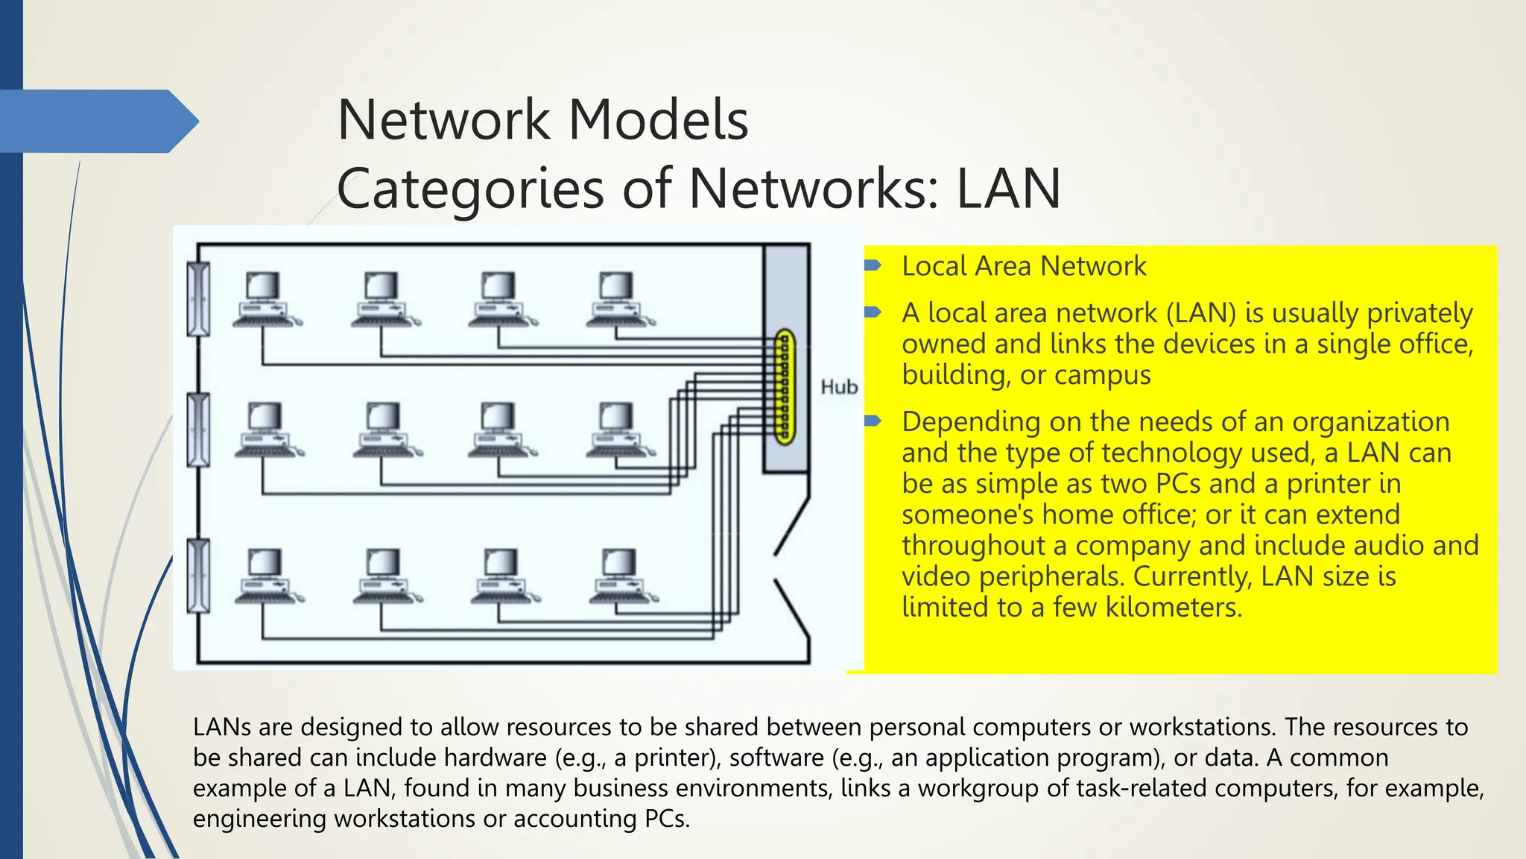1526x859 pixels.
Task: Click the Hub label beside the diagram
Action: (839, 387)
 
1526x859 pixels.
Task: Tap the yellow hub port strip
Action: (783, 388)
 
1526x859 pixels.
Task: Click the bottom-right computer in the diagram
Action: (621, 576)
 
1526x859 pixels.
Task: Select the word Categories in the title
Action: (470, 189)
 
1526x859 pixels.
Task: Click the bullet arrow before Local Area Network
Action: (873, 265)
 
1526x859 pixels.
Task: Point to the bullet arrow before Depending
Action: (873, 421)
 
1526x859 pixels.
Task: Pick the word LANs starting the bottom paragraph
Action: (221, 727)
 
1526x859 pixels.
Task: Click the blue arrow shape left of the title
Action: (101, 122)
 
